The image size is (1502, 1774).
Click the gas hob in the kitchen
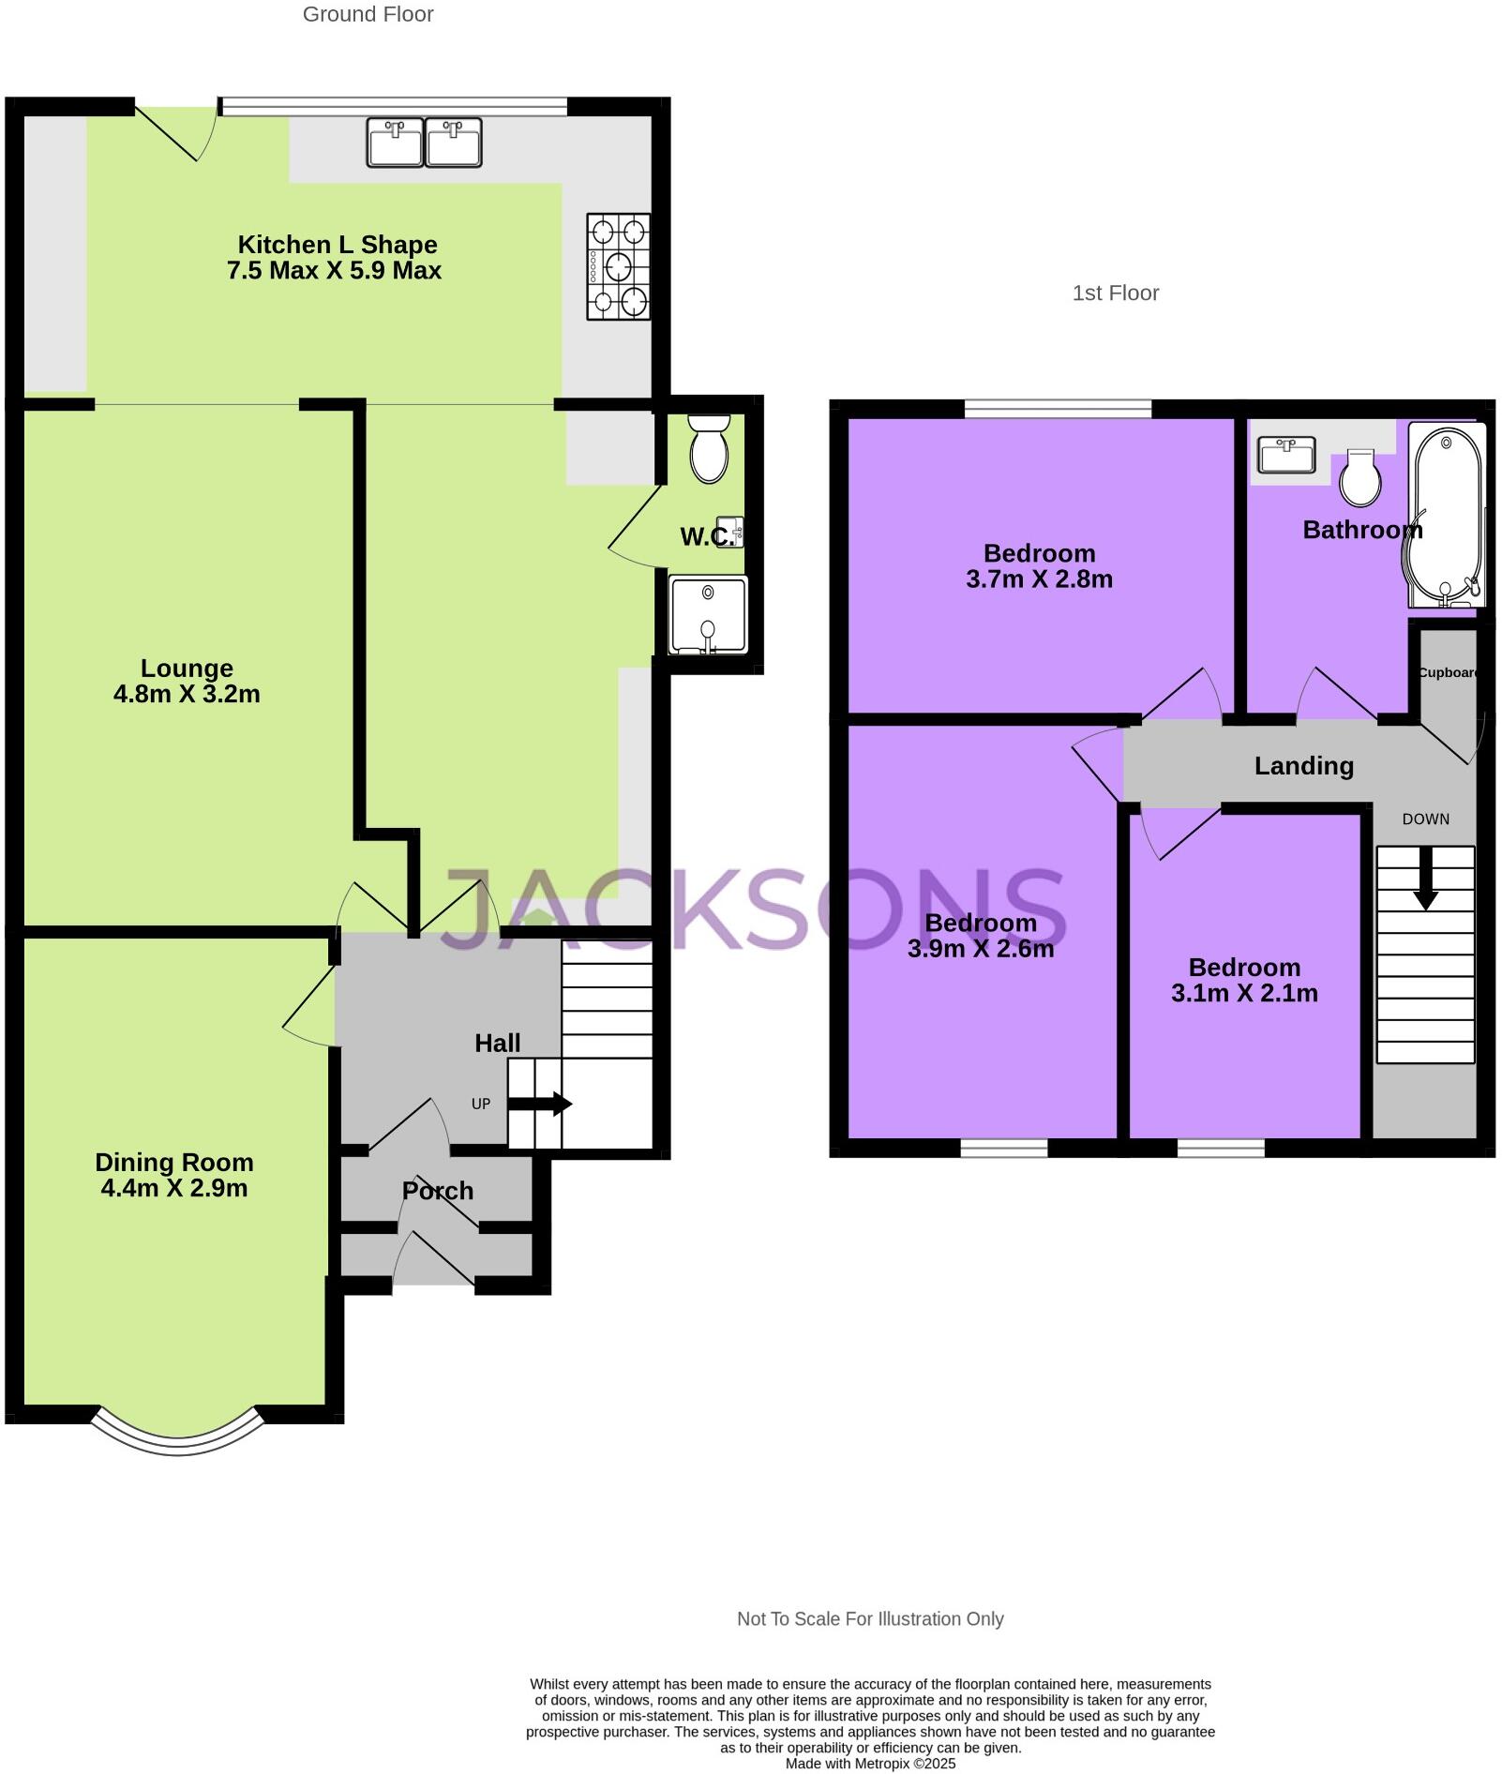[618, 266]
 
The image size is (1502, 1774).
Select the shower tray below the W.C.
[708, 615]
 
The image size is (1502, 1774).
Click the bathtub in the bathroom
[1447, 515]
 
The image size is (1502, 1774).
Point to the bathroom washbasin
[1286, 456]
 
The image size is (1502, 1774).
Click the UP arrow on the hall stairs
[540, 1104]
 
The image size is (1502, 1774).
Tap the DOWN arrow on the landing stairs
[1425, 879]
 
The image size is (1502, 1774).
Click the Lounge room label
[187, 669]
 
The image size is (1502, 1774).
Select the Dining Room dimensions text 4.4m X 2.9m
[174, 1188]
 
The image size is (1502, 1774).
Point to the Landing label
[1303, 766]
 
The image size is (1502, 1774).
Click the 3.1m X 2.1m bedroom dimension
[1244, 993]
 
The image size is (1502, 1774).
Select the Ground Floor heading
[368, 14]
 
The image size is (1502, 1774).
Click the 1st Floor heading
[1115, 293]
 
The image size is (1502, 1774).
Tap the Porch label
[437, 1191]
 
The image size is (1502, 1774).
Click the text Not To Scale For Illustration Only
[869, 1618]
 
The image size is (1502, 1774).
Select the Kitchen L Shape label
[337, 245]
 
